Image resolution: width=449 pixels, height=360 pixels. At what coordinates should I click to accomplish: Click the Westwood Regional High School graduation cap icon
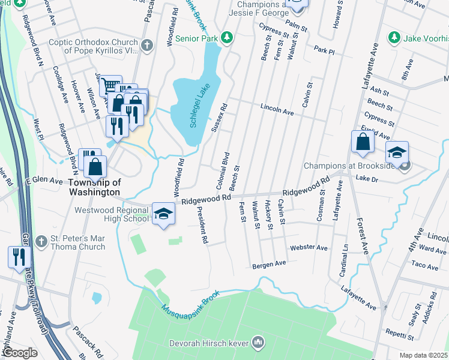pos(162,214)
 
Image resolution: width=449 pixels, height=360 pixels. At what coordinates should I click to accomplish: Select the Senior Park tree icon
pos(226,38)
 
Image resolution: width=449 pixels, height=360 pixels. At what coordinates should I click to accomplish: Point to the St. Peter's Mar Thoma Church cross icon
pos(41,241)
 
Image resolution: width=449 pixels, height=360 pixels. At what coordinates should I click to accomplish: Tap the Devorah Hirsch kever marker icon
pos(258,343)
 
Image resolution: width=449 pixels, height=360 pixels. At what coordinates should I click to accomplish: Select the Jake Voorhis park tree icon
pos(394,38)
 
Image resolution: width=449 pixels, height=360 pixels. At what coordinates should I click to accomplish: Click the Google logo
pos(20,352)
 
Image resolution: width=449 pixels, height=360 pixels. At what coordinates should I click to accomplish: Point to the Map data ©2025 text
pos(423,355)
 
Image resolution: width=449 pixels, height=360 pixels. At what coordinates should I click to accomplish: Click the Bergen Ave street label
pos(269,264)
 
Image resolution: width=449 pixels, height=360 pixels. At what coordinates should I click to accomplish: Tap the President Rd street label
pos(201,225)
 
